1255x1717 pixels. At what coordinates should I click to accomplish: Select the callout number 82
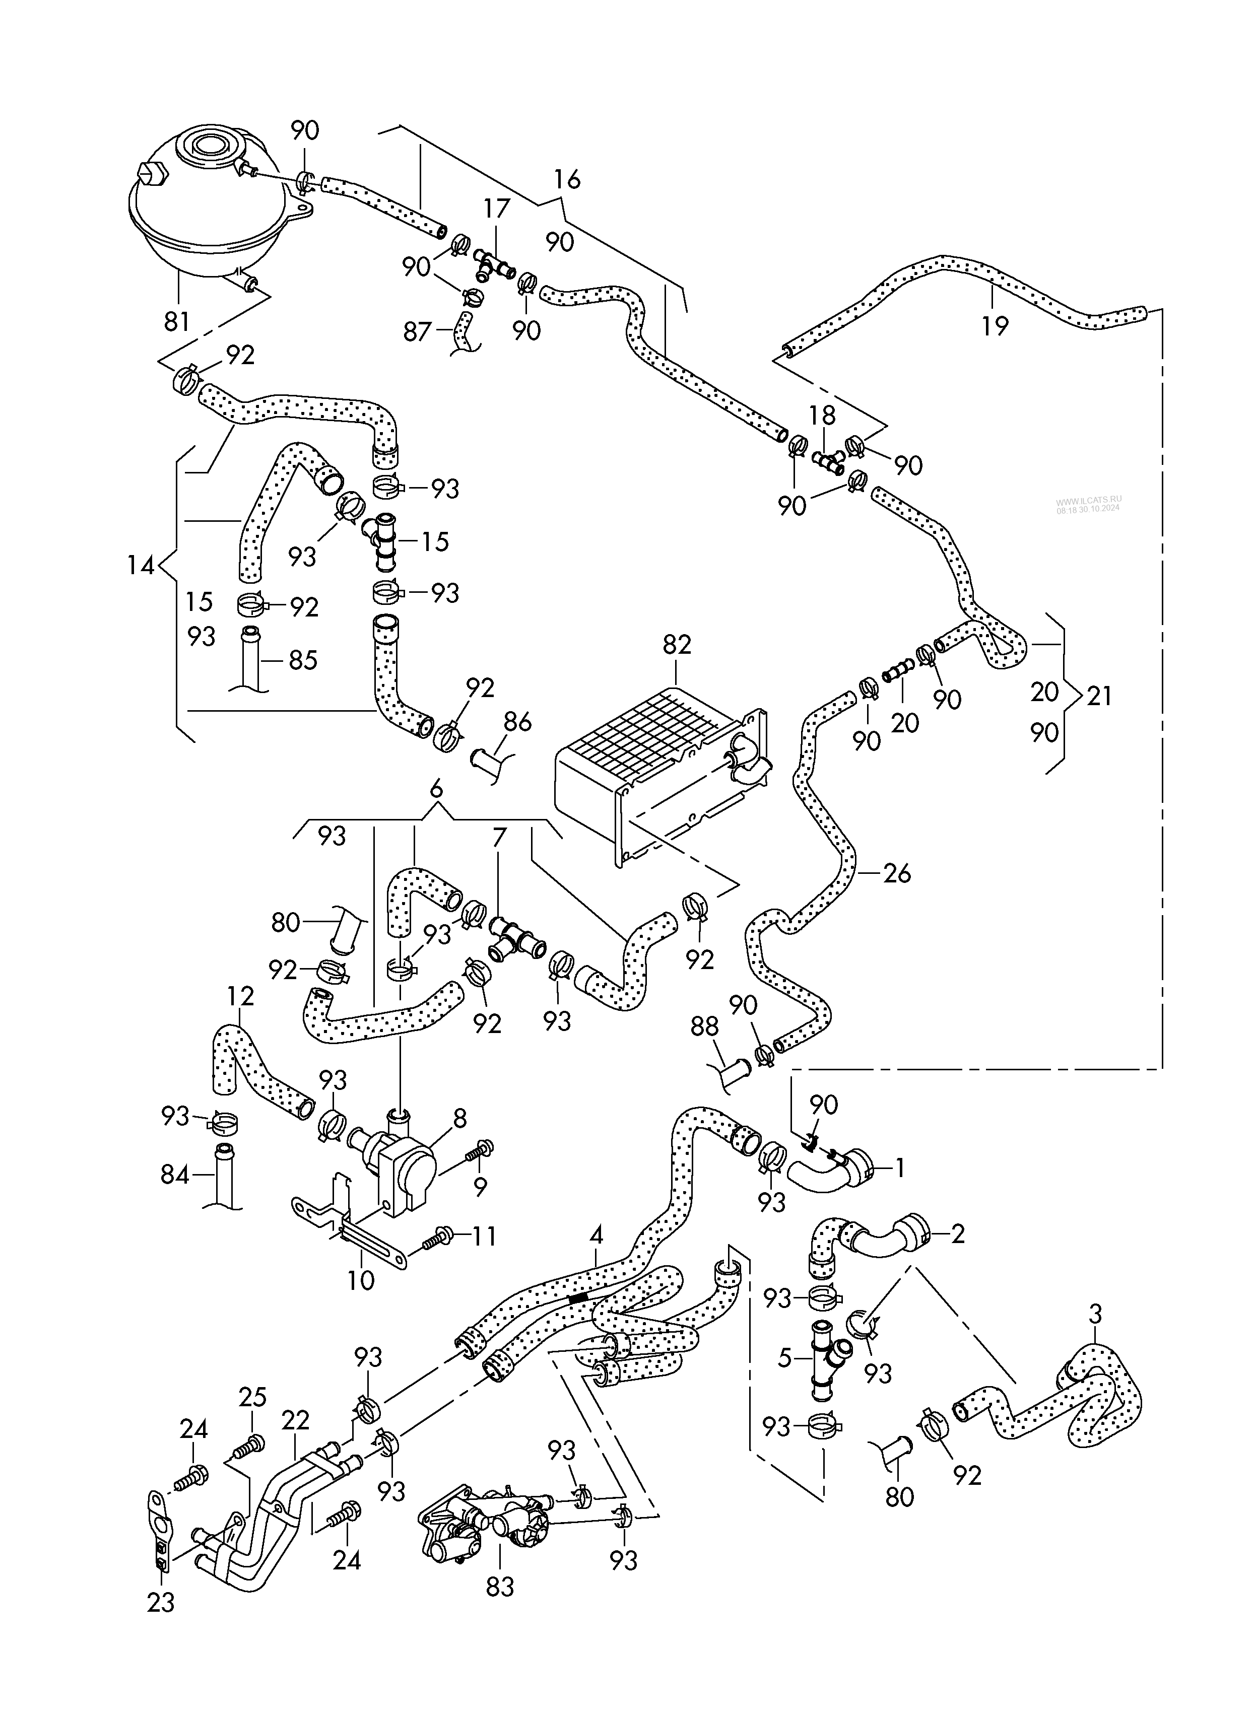677,645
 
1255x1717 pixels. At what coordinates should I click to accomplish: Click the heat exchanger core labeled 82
653,767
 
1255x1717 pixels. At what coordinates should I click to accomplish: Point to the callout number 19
995,326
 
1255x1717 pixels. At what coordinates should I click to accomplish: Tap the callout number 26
897,873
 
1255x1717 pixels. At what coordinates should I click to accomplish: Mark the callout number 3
1095,1313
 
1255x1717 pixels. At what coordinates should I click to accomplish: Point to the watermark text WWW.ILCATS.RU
1088,501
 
